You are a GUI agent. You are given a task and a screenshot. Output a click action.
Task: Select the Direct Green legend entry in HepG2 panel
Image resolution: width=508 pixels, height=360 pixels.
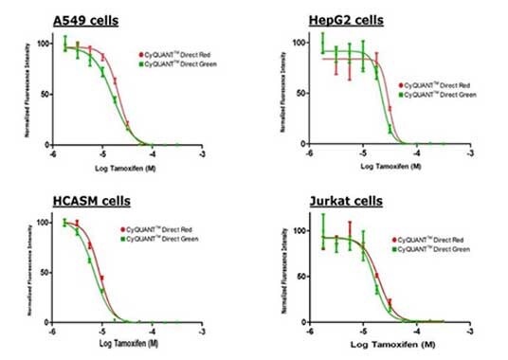[x=439, y=95]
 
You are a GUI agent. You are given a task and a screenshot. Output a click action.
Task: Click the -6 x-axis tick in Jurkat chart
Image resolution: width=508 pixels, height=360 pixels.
[x=311, y=333]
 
